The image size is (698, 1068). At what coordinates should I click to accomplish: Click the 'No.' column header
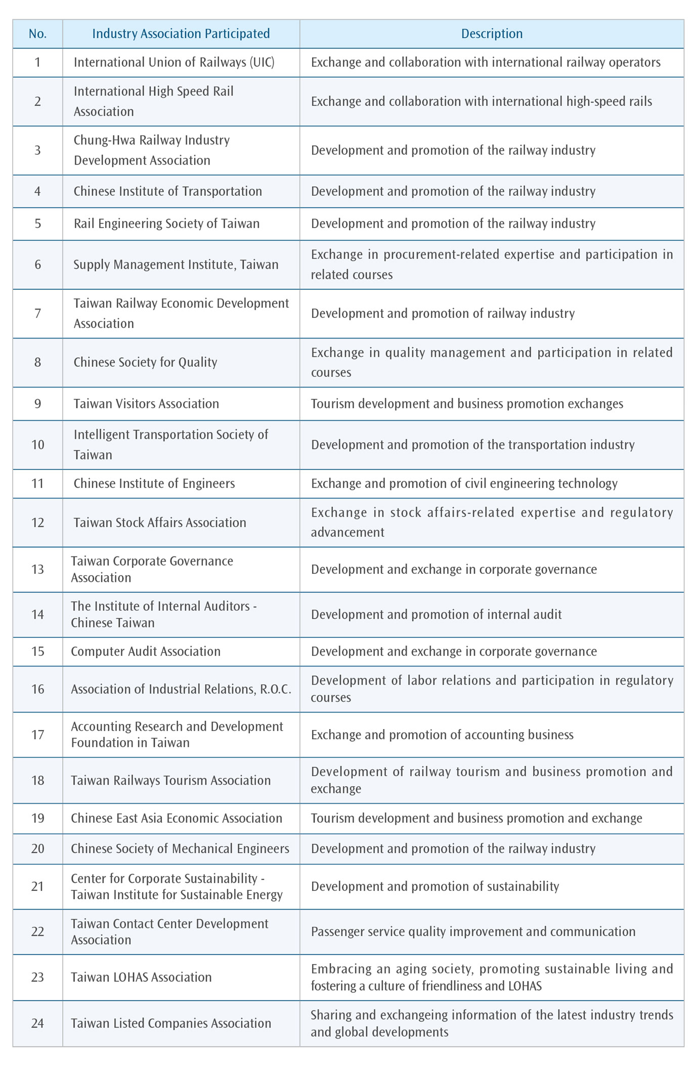tap(37, 34)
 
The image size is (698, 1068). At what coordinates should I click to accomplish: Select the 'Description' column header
tap(492, 34)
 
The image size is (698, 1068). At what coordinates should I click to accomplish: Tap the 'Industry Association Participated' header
tap(181, 34)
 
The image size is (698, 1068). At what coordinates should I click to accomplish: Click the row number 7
tap(37, 313)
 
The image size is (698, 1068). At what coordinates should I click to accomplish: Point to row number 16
tap(37, 689)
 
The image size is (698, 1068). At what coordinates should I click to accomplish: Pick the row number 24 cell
tap(37, 1023)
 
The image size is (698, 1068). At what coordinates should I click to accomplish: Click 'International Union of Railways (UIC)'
tap(174, 62)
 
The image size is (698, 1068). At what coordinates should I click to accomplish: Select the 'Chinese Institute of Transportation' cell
tap(167, 191)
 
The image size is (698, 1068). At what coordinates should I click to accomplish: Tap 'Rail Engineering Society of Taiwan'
tap(166, 224)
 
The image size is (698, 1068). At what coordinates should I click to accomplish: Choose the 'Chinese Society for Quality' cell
tap(145, 362)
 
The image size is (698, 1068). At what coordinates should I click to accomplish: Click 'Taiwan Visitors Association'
tap(146, 404)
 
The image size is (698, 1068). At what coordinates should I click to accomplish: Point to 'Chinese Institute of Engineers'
tap(154, 484)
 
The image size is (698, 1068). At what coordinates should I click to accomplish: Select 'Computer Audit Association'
tap(146, 651)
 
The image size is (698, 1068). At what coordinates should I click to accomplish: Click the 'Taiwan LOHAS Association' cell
tap(141, 977)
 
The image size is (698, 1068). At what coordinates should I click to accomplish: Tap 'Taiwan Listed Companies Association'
tap(171, 1023)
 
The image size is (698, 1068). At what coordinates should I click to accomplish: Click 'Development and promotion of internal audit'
tap(436, 615)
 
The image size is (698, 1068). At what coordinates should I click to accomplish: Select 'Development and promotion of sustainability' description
tap(435, 886)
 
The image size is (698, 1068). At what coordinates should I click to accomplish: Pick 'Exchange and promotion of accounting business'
tap(442, 735)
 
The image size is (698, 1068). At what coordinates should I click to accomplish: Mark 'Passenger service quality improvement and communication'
tap(473, 931)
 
